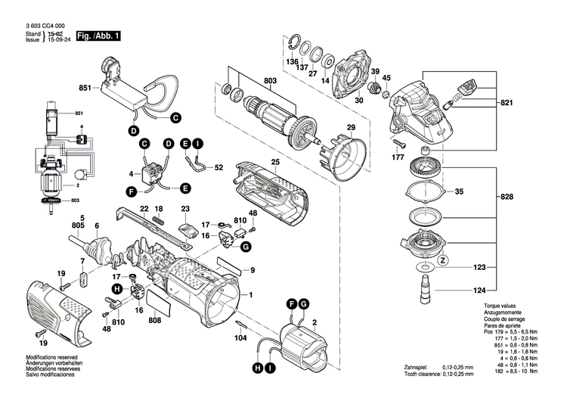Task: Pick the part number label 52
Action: [219, 167]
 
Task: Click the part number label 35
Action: [459, 191]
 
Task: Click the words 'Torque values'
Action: [500, 306]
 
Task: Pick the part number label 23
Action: [185, 208]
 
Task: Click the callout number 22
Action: [144, 208]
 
